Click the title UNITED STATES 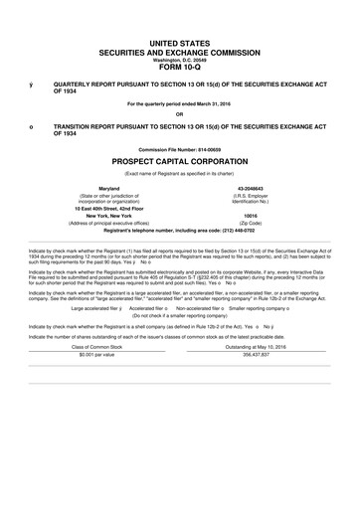pos(180,44)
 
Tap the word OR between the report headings pos(180,112)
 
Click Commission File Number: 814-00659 pos(180,149)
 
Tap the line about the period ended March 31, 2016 pos(180,102)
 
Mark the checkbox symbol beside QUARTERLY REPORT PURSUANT pos(31,86)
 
